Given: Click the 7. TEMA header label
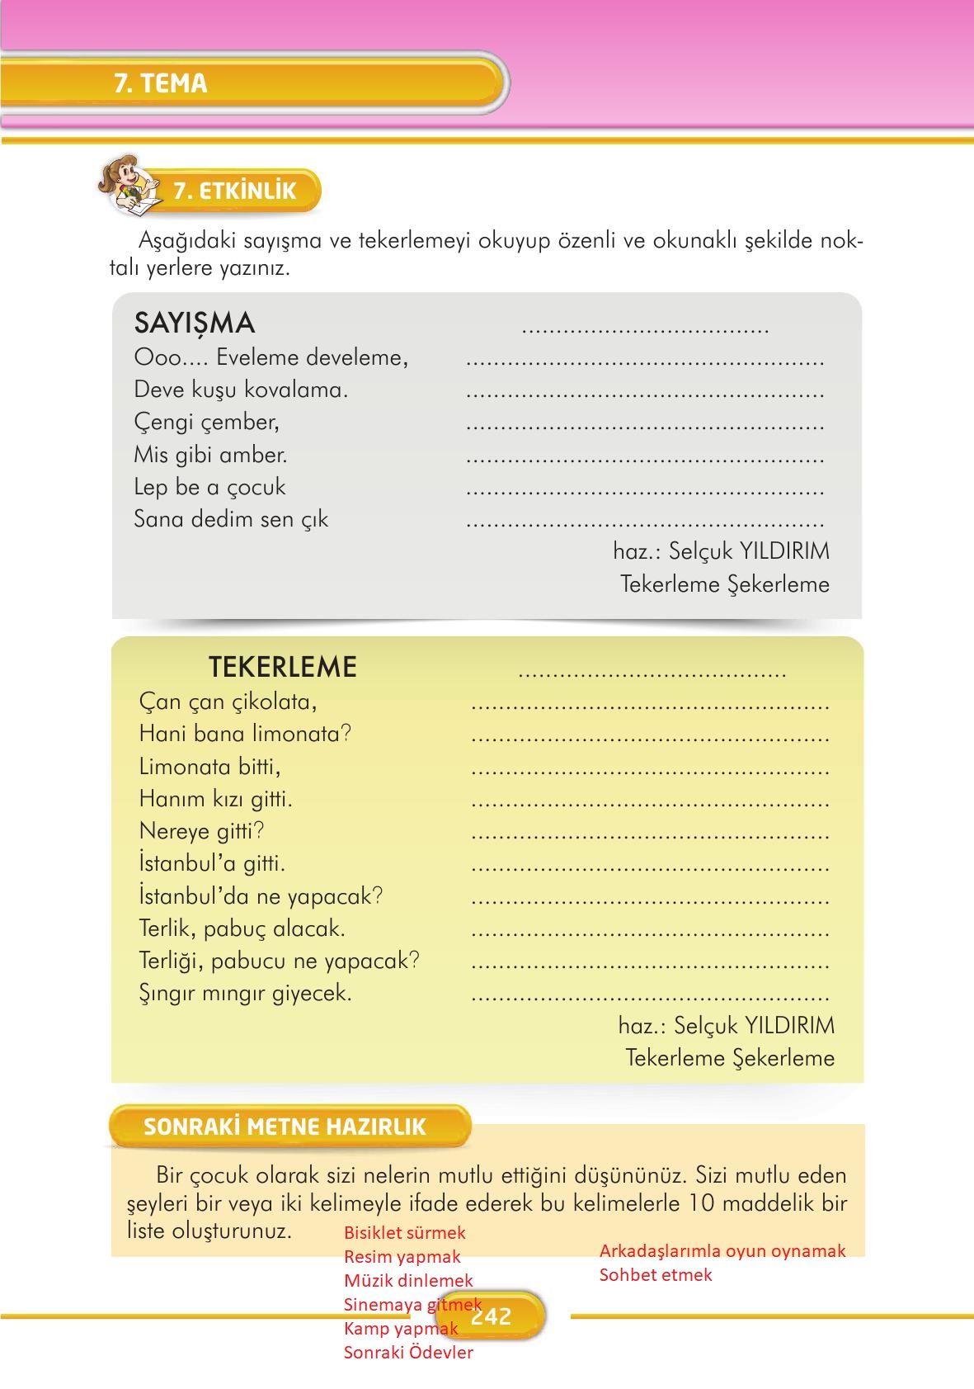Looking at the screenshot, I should click(x=161, y=83).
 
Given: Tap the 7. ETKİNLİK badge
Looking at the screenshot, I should click(x=234, y=191).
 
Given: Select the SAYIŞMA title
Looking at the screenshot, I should click(x=195, y=323).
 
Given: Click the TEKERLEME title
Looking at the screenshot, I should click(x=282, y=667).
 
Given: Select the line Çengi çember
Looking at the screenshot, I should click(x=207, y=422).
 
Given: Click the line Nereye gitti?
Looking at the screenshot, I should click(x=202, y=831).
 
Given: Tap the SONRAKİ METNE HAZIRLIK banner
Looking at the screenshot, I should click(x=285, y=1127).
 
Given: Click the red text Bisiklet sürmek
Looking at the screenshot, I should click(x=405, y=1232).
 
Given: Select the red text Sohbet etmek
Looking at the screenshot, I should click(x=656, y=1274).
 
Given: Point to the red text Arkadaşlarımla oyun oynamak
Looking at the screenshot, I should click(x=722, y=1250).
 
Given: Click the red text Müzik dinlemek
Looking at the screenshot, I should click(x=408, y=1280).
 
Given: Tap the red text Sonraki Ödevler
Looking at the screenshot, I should click(x=408, y=1352).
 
